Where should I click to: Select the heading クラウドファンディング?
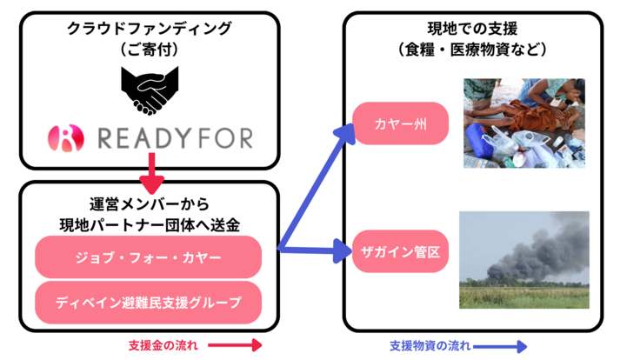click(x=150, y=28)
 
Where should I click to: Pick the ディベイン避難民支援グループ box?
click(x=148, y=302)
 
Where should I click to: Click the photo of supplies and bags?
click(x=523, y=123)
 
